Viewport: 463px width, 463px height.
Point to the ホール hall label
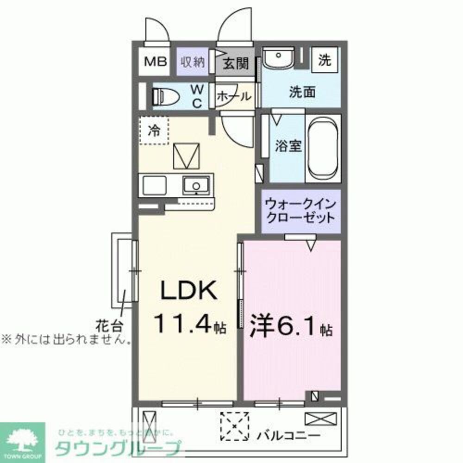[x=234, y=97]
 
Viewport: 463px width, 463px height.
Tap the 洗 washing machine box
[x=325, y=60]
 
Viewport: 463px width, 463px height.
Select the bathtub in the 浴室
[x=323, y=148]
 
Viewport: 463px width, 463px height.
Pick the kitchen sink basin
[x=197, y=186]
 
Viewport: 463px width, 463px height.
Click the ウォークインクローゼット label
[x=300, y=211]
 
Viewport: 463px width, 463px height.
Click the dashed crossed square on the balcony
[x=234, y=426]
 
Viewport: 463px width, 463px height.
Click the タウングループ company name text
[x=118, y=449]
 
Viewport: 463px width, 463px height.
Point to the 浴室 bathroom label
[x=288, y=146]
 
